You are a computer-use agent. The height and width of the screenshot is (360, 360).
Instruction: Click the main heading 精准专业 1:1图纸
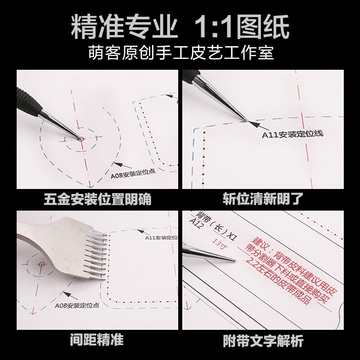click(180, 28)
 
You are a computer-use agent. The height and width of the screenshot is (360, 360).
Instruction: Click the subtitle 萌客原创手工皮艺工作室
click(180, 54)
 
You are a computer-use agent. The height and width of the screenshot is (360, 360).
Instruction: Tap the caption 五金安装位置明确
click(97, 199)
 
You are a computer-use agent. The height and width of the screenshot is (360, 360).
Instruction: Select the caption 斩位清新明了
click(264, 199)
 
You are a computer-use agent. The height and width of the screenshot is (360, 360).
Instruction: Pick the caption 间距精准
click(97, 340)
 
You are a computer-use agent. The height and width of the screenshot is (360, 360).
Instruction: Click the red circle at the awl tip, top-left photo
click(81, 139)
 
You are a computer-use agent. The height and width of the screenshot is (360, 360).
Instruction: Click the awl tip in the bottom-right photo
click(233, 260)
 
